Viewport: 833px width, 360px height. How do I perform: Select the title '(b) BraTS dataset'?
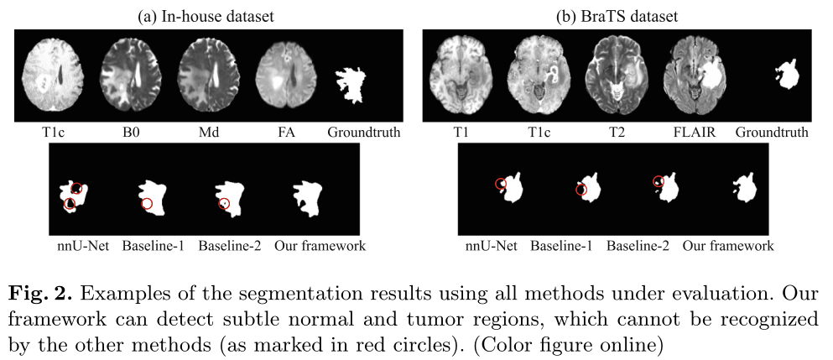click(x=617, y=14)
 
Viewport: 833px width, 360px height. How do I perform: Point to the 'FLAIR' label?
click(x=699, y=132)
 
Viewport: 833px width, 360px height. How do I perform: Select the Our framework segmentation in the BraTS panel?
click(x=744, y=189)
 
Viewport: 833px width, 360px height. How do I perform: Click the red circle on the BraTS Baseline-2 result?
click(x=659, y=181)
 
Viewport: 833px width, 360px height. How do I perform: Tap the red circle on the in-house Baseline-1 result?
click(x=147, y=204)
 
